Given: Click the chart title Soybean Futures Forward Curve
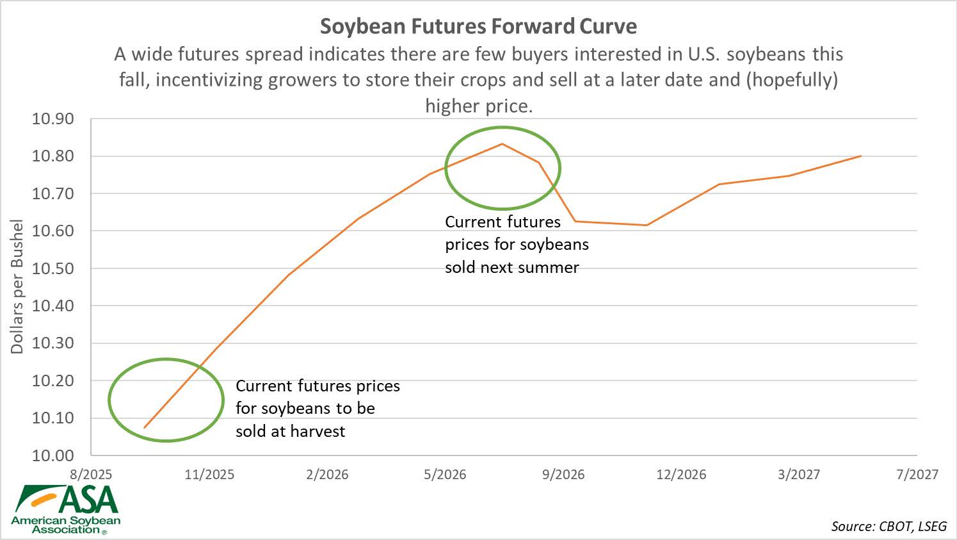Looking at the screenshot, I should [478, 26].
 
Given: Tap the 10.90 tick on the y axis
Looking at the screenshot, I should [53, 119].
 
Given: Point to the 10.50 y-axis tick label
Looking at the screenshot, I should [53, 268].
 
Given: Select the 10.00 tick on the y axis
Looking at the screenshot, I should [53, 455].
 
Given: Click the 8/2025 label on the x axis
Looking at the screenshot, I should [91, 475].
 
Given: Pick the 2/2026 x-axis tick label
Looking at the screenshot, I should [327, 475].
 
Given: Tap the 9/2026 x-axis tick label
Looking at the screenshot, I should [563, 475].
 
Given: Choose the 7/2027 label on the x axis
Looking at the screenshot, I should [917, 475].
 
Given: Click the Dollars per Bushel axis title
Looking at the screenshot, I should [17, 286].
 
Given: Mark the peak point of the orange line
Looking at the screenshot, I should [502, 143].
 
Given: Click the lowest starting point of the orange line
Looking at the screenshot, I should [145, 427].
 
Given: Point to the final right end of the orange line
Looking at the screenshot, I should [861, 156].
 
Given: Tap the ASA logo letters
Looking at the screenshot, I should [90, 499].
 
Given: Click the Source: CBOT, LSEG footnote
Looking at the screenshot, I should [889, 527].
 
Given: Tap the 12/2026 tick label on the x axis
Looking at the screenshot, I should [681, 475].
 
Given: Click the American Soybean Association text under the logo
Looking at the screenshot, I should [66, 525].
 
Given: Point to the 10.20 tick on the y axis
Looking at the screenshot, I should [53, 380].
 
